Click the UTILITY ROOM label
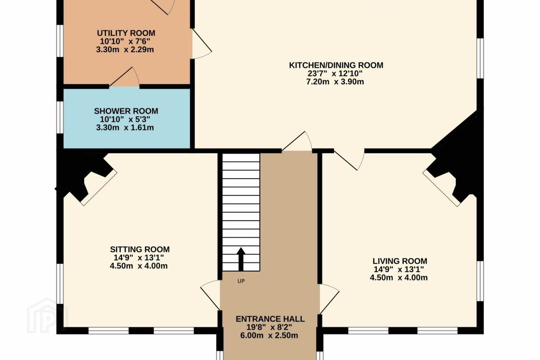(x=126, y=33)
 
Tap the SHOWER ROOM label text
(x=126, y=111)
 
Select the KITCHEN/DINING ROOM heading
(x=336, y=65)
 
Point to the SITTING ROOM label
(x=140, y=249)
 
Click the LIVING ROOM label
(x=400, y=261)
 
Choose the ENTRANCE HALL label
(x=270, y=319)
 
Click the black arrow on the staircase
(x=241, y=259)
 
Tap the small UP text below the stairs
(x=241, y=281)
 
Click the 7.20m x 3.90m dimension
(x=335, y=82)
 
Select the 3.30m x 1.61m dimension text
(x=125, y=127)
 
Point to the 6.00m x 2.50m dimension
(x=269, y=335)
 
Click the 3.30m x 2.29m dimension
(x=125, y=49)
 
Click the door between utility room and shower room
(x=124, y=77)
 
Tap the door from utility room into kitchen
(x=201, y=43)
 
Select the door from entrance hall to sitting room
(x=210, y=295)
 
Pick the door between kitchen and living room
(x=349, y=159)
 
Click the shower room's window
(x=60, y=117)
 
